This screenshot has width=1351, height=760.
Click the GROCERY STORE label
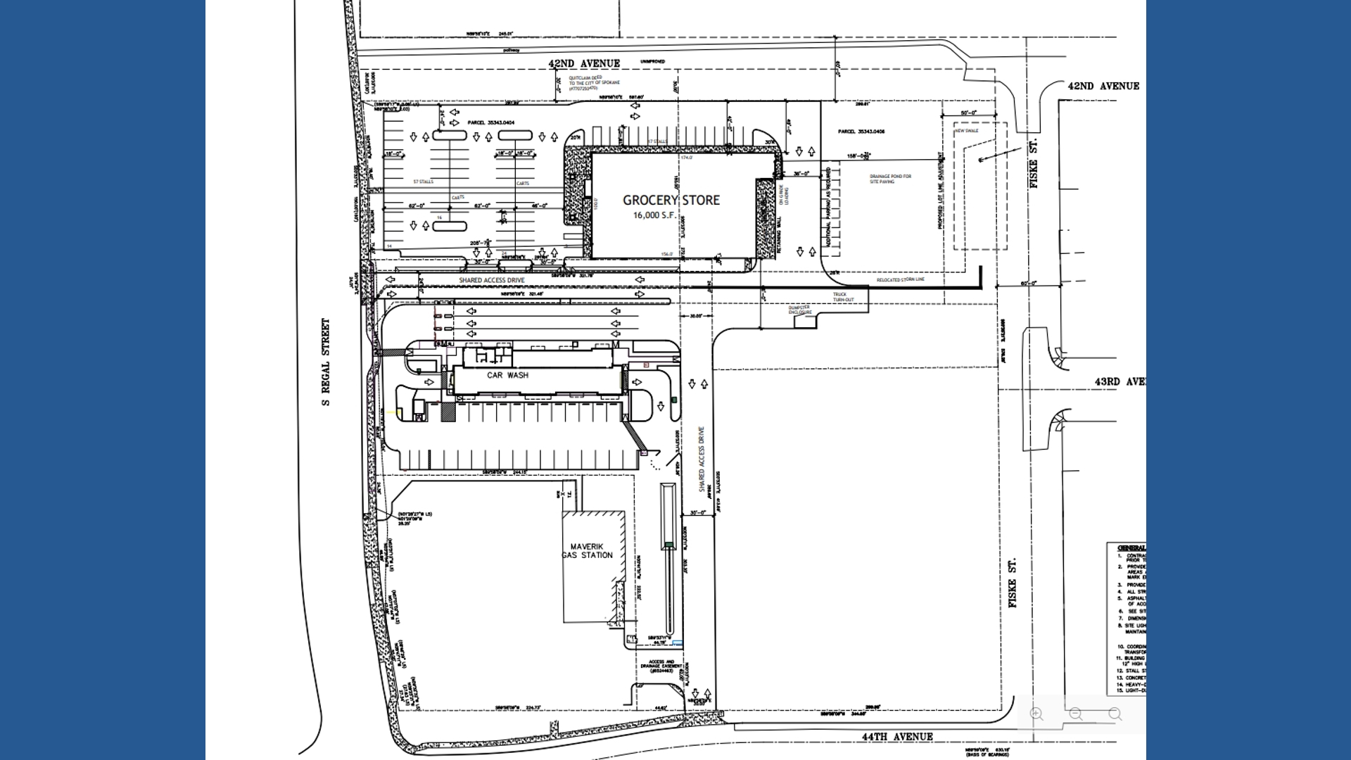coord(671,200)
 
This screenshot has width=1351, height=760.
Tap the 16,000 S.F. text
coord(654,215)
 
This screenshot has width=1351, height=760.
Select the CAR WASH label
coord(507,375)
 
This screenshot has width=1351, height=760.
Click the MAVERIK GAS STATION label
coord(588,551)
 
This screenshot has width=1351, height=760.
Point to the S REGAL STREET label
coord(326,362)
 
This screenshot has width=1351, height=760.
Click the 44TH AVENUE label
coord(897,737)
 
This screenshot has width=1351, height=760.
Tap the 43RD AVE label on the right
coord(1119,381)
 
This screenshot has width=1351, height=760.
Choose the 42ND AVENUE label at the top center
coord(584,63)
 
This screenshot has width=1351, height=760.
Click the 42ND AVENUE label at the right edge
coord(1103,86)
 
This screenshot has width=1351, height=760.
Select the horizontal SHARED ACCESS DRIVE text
coord(491,280)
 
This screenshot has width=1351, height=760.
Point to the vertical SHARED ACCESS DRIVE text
coord(702,459)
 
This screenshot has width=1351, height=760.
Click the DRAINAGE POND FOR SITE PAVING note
coord(890,179)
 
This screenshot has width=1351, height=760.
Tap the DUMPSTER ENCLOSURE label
coord(799,310)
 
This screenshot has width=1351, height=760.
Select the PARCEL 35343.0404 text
coord(490,122)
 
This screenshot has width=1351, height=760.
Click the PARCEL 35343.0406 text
coord(861,132)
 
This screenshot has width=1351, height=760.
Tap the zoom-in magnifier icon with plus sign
coord(1036,714)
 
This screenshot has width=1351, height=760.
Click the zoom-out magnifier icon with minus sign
coord(1076,714)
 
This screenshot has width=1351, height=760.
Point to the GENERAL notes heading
coord(1131,547)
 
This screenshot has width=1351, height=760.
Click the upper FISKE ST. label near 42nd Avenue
coord(1034,163)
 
